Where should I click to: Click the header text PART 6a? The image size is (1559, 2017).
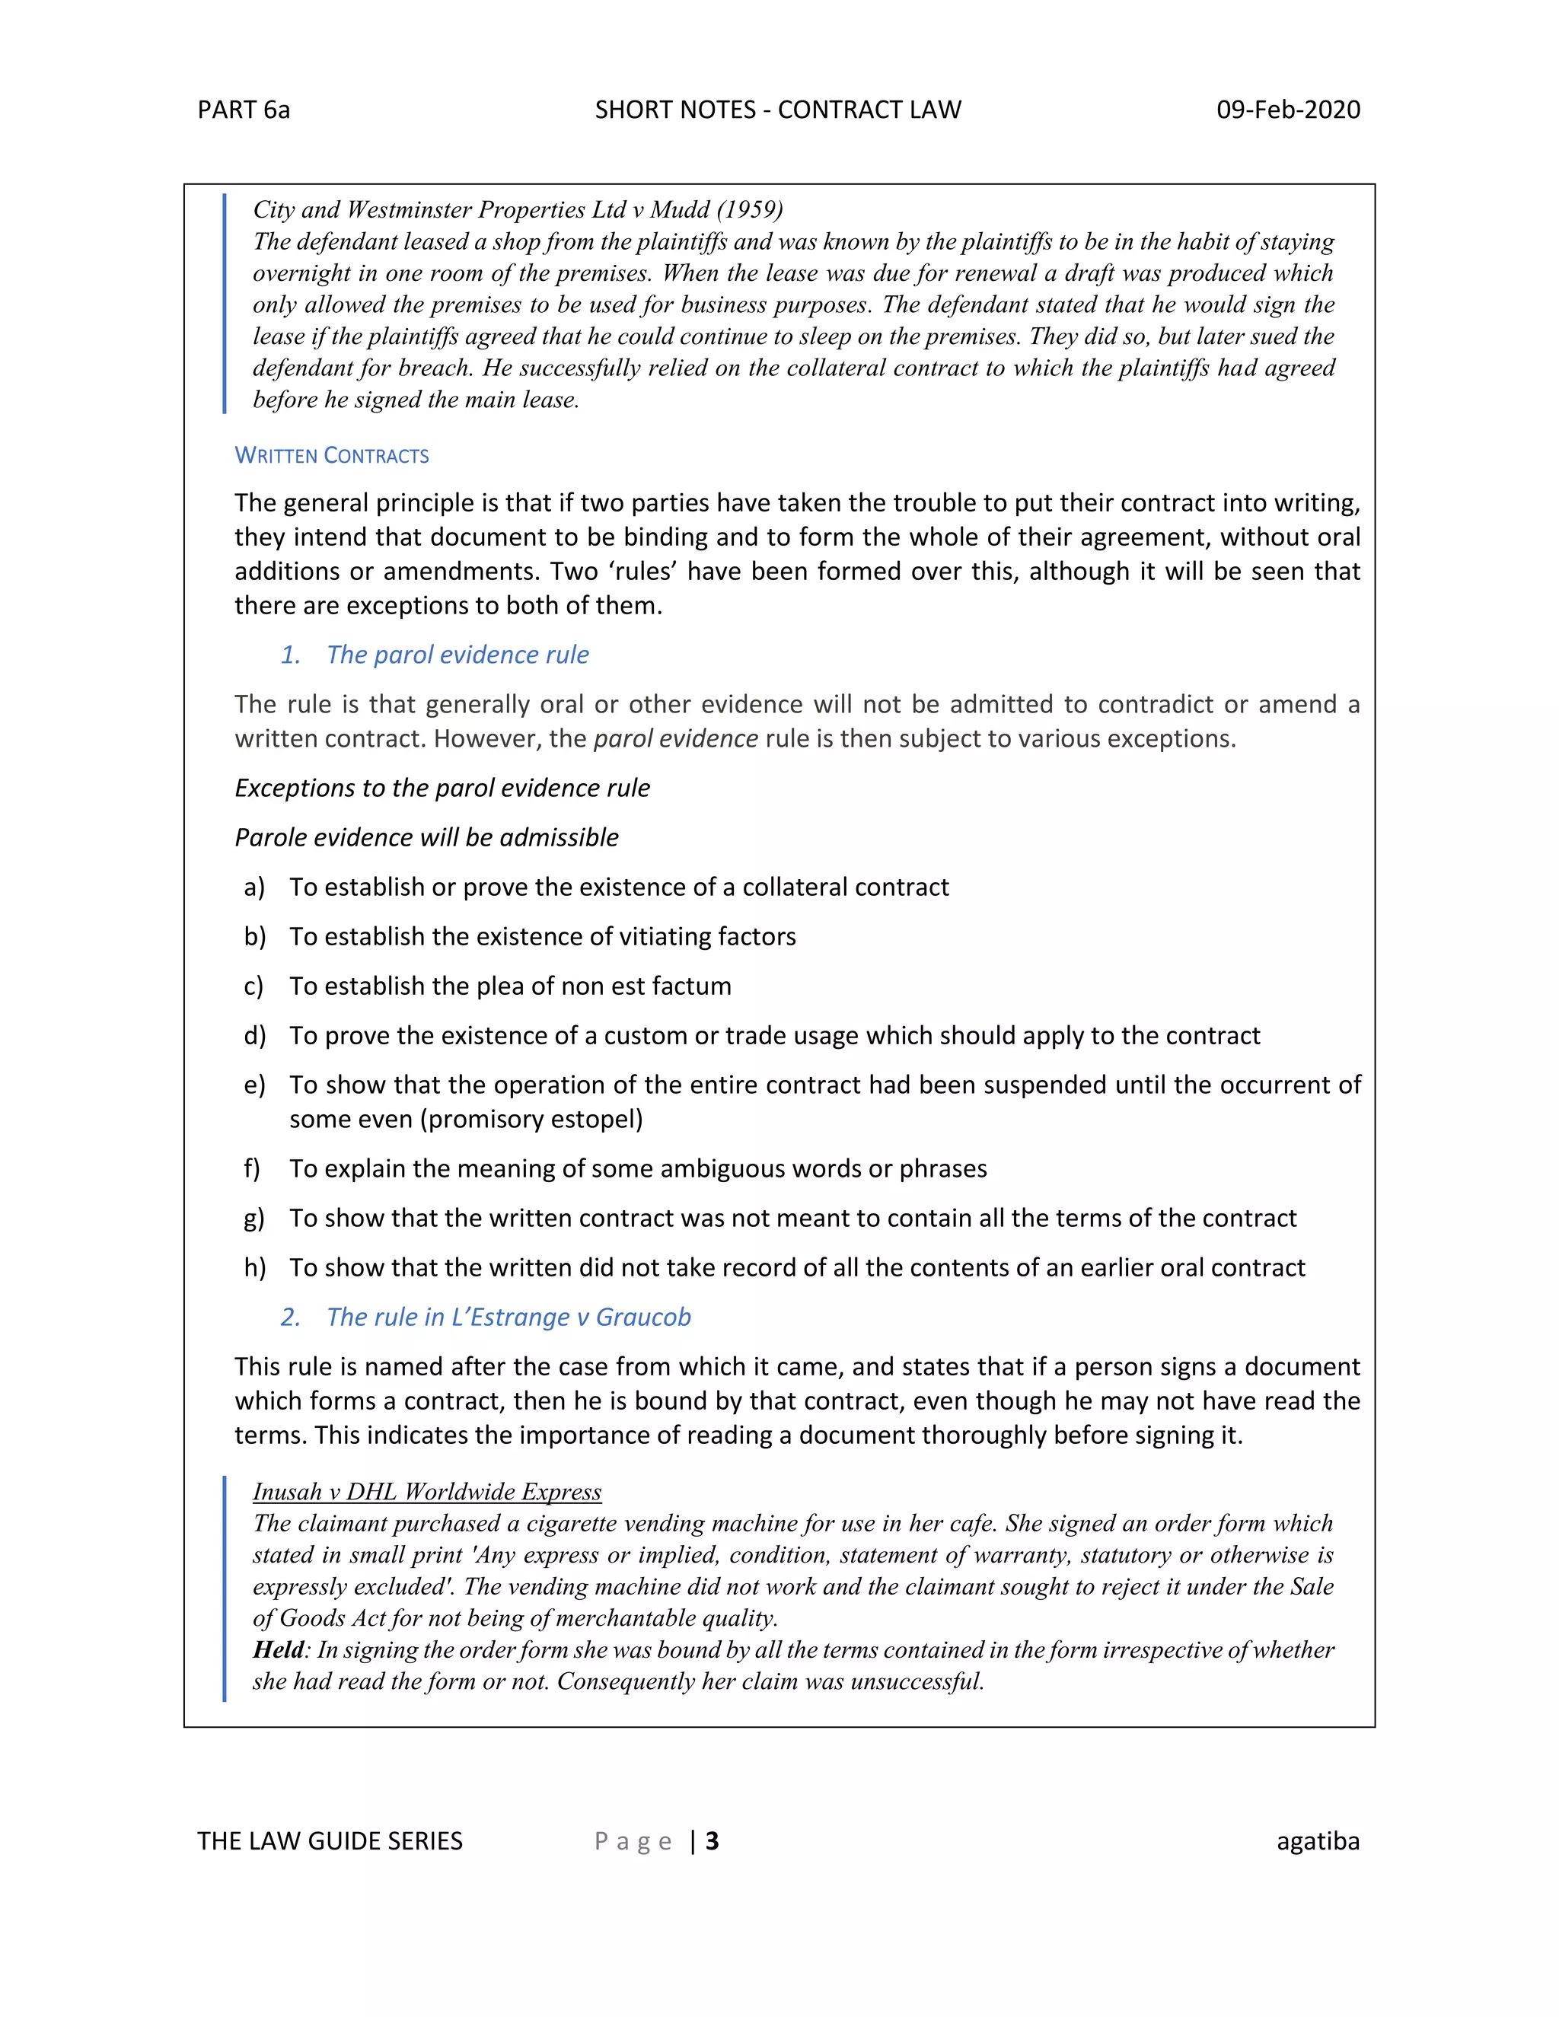[243, 110]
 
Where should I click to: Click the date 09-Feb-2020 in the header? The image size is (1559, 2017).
[1287, 110]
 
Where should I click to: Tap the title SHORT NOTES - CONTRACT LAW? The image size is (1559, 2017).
[778, 110]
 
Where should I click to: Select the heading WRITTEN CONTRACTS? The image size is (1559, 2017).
[332, 455]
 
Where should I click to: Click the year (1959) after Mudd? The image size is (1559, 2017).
[749, 209]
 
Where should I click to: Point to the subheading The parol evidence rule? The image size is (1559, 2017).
[457, 655]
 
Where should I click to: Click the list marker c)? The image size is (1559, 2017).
[254, 986]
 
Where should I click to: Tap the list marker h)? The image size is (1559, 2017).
[255, 1268]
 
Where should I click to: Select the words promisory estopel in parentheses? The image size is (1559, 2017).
[532, 1120]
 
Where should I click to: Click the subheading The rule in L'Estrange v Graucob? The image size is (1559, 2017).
[508, 1317]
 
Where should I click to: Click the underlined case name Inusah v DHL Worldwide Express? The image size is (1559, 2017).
[427, 1492]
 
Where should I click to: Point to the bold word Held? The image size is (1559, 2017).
[278, 1649]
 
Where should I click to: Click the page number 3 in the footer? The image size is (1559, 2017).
[712, 1841]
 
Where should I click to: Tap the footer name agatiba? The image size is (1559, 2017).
[1318, 1841]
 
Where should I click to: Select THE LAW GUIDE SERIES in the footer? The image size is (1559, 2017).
[330, 1841]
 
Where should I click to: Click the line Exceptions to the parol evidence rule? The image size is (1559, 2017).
[442, 788]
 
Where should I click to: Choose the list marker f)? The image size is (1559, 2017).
[252, 1169]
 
